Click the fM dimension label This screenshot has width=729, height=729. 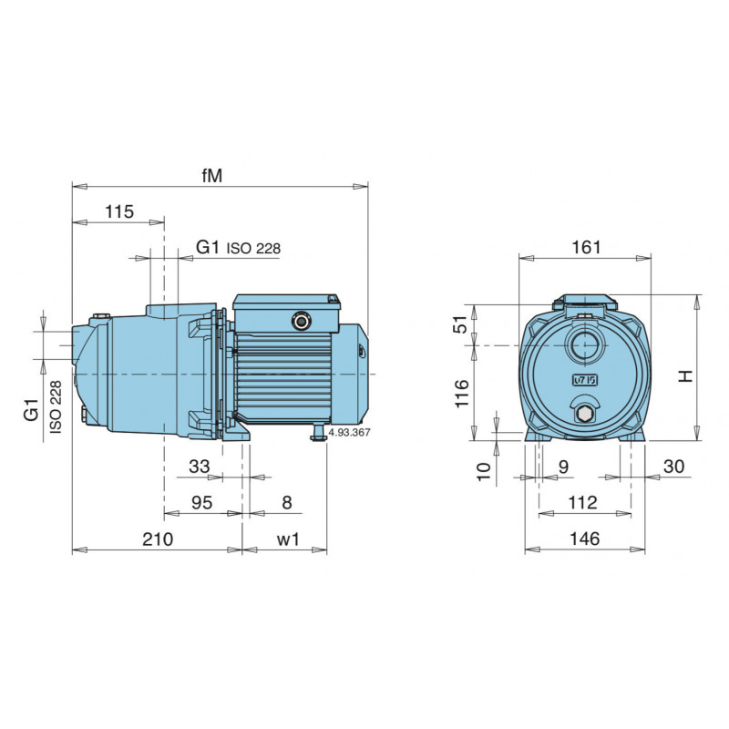click(x=212, y=175)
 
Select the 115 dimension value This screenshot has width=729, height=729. click(x=118, y=211)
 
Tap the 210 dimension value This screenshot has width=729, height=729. click(x=158, y=539)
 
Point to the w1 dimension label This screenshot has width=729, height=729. click(x=287, y=539)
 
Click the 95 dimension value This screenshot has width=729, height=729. click(x=201, y=502)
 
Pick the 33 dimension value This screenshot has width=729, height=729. click(x=199, y=467)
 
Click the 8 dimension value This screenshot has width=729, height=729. click(x=288, y=502)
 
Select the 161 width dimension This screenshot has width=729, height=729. click(x=586, y=247)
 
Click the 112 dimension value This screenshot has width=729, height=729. click(x=582, y=502)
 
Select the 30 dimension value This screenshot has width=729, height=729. click(x=674, y=467)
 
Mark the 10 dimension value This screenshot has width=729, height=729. click(x=484, y=470)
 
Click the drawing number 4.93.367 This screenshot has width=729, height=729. click(x=349, y=433)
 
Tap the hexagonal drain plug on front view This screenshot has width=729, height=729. click(x=584, y=416)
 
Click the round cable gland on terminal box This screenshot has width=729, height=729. click(x=302, y=320)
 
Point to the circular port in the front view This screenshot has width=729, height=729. click(x=584, y=344)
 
